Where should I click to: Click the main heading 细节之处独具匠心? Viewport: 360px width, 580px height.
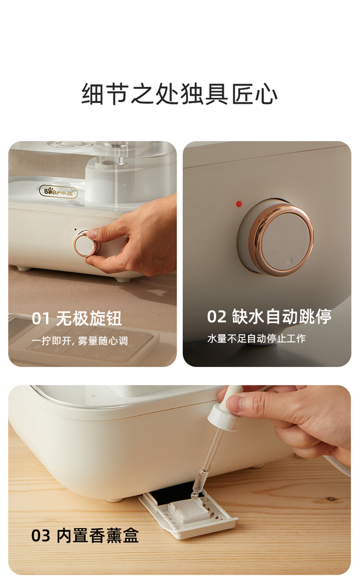coord(180,94)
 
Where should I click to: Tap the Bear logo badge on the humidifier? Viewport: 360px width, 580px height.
coord(58,192)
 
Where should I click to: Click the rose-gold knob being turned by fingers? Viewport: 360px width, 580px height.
coord(87,244)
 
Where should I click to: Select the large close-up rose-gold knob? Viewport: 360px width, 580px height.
coord(280,239)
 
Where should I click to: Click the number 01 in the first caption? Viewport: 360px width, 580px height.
coord(40,319)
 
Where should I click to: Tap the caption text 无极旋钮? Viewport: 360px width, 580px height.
coord(89,318)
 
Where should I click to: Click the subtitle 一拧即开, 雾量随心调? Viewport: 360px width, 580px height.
coord(80,341)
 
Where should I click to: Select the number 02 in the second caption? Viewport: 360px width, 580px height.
coord(217,317)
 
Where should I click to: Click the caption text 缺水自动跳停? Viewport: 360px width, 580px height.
coord(282,316)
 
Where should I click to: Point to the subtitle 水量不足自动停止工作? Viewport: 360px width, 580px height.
coord(256,339)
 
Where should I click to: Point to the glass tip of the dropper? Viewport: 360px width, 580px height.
coord(194,495)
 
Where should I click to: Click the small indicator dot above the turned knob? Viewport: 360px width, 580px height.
coord(75,229)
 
